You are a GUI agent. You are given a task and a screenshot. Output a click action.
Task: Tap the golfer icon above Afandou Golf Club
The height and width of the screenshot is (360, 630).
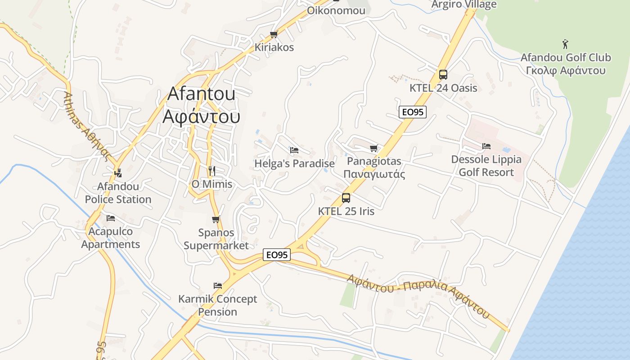click(x=566, y=44)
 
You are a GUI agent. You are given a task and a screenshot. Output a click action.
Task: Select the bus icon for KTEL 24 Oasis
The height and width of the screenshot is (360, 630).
click(x=443, y=75)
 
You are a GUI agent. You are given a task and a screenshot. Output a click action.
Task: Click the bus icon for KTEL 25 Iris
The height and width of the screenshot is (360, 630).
click(x=346, y=198)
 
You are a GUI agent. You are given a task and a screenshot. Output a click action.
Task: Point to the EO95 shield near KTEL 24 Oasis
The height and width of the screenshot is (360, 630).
click(x=412, y=112)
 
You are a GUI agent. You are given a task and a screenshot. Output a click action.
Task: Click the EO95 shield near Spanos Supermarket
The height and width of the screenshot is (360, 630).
click(x=277, y=255)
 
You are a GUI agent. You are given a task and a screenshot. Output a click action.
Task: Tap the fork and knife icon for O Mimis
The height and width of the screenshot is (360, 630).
click(x=212, y=171)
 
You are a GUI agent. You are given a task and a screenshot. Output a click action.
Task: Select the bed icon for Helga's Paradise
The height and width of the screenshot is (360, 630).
click(x=294, y=150)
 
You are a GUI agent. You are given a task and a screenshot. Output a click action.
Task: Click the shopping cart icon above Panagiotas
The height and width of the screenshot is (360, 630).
click(x=373, y=148)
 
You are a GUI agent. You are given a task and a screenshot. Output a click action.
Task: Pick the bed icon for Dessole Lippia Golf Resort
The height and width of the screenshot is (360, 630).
click(x=486, y=146)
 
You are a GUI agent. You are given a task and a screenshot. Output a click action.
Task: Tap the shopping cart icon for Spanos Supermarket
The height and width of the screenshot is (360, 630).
click(x=216, y=220)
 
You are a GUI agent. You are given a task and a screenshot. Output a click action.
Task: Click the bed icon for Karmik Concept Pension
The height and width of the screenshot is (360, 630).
click(x=218, y=286)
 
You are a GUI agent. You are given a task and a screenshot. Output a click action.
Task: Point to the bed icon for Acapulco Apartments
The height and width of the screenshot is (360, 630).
click(x=111, y=218)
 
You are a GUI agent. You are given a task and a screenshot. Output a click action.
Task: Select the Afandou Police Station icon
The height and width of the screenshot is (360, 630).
click(x=118, y=172)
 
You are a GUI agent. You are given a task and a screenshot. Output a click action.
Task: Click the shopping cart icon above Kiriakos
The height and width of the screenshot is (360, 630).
click(x=274, y=35)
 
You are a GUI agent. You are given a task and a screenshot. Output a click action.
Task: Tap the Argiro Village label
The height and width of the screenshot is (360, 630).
click(x=464, y=4)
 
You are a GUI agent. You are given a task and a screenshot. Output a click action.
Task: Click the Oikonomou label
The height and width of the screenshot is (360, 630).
click(x=336, y=10)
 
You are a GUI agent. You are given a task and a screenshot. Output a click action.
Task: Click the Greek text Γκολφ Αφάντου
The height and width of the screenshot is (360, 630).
click(x=566, y=71)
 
